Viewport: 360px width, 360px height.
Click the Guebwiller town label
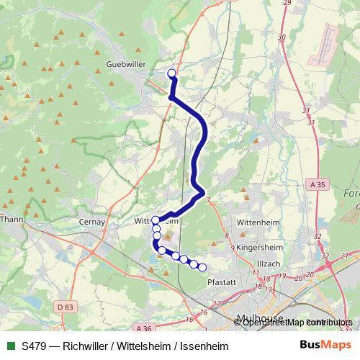coord(127,64)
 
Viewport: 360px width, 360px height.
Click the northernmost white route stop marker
coord(171,73)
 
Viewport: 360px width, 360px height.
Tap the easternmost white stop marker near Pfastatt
coord(202,268)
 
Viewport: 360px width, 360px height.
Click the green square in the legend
coord(9,346)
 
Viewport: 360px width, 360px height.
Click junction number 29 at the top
coord(287,4)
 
